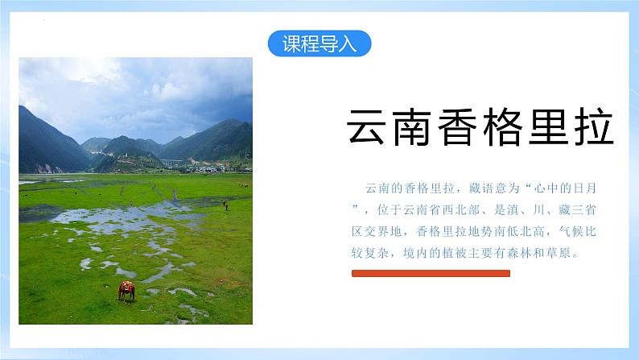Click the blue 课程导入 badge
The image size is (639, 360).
click(x=319, y=43)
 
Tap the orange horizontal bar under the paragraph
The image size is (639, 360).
click(x=431, y=274)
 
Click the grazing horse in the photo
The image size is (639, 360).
click(x=126, y=290)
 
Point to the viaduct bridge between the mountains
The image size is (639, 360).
click(x=172, y=163)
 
